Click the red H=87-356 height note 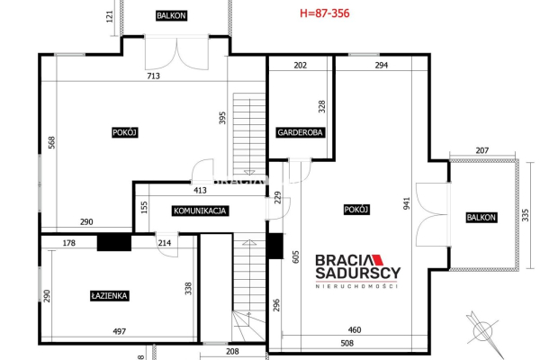tap(325, 13)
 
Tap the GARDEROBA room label tap(300, 132)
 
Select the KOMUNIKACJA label tap(200, 211)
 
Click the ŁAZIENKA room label tap(109, 295)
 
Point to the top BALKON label tap(171, 15)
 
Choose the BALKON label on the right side tap(481, 218)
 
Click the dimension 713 tap(153, 76)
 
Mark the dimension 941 tap(407, 203)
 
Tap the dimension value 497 tap(119, 331)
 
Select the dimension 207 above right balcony tap(482, 150)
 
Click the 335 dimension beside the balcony tap(526, 215)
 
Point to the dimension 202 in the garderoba tap(301, 65)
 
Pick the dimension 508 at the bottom tap(347, 343)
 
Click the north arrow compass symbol tap(483, 333)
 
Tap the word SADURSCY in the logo tap(358, 273)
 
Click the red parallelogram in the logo tap(378, 260)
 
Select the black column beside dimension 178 tap(114, 242)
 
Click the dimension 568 tap(52, 142)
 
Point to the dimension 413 tap(200, 190)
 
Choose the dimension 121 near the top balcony tap(110, 17)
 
